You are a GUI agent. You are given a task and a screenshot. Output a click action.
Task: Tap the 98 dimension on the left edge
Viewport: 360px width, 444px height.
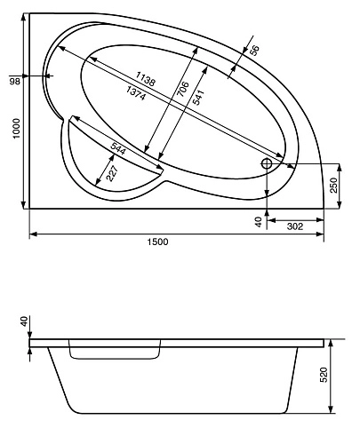13,82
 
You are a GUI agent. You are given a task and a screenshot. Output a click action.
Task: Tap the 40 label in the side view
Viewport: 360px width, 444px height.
24,321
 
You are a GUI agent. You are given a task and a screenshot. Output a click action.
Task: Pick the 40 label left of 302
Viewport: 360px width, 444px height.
258,223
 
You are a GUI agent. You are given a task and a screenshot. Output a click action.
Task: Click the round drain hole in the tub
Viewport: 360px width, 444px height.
267,164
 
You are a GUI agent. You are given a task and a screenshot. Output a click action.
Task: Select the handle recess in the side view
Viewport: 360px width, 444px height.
115,353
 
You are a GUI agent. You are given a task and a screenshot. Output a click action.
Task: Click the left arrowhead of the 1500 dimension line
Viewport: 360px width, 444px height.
33,234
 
